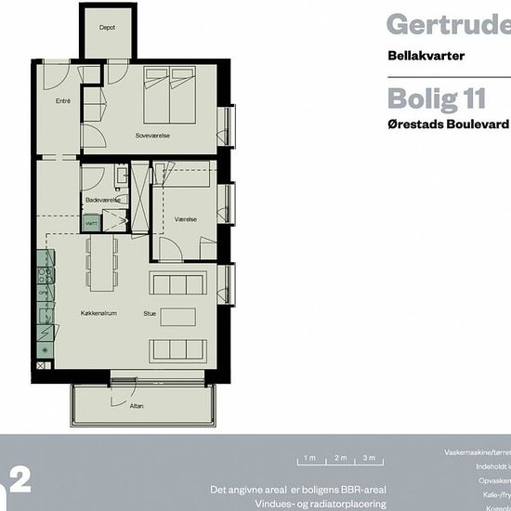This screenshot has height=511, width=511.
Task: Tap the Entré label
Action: tap(64, 100)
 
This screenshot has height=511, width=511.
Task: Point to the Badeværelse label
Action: tap(100, 200)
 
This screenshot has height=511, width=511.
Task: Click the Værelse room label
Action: tap(186, 220)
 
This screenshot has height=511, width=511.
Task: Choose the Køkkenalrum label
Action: tap(97, 314)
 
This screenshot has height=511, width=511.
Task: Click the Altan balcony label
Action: tap(138, 406)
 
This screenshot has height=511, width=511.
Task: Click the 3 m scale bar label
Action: tap(369, 458)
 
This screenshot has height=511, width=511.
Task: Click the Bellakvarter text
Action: tap(426, 56)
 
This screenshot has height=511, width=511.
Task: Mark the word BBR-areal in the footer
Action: tap(361, 490)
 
